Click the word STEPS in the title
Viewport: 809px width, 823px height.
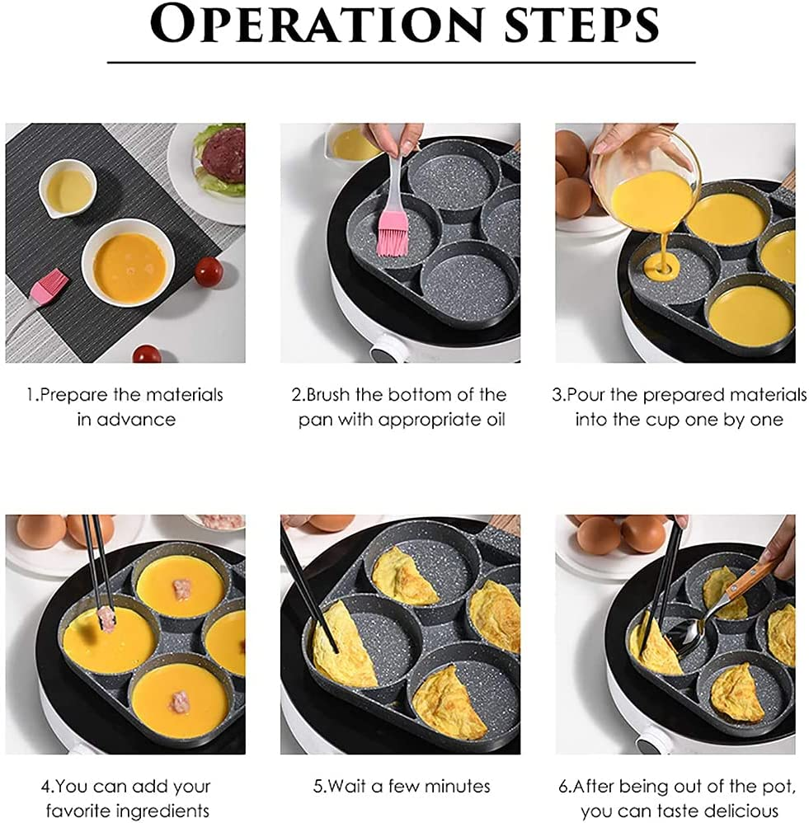pyautogui.click(x=577, y=25)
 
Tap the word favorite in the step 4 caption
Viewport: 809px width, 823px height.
pyautogui.click(x=80, y=811)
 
